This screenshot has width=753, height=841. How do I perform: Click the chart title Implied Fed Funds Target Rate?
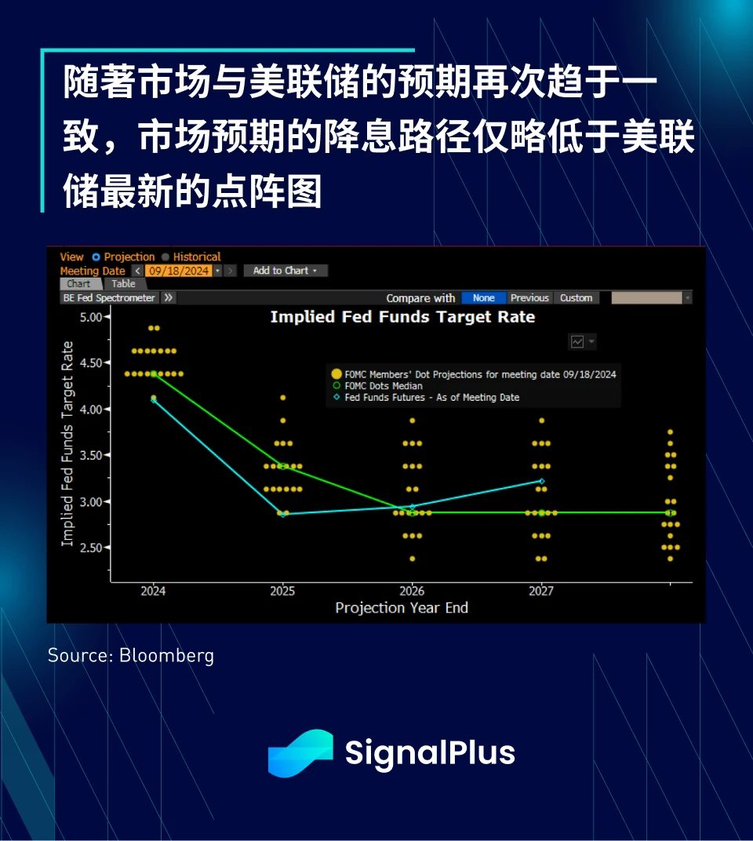402,317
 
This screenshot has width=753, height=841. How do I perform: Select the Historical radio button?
166,257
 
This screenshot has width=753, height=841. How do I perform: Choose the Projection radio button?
96,257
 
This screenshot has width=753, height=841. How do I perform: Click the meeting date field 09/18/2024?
179,271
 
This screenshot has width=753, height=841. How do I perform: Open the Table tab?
123,284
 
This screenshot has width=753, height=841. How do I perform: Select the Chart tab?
79,284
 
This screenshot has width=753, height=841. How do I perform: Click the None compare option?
483,297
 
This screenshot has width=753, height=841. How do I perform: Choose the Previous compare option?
529,297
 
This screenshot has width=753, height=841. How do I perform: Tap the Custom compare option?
576,297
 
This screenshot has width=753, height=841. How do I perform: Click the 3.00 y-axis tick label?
91,501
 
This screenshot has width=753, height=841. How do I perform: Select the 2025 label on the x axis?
282,591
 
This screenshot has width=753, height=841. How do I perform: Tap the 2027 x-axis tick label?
541,591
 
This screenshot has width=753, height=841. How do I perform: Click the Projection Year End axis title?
402,608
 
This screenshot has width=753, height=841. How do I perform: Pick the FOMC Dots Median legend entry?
377,386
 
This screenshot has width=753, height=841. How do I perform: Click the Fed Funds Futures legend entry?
427,398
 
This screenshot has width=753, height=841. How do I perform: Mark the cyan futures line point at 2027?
542,481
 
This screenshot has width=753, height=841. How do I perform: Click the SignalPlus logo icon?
300,753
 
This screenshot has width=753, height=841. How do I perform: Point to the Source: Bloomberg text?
131,655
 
